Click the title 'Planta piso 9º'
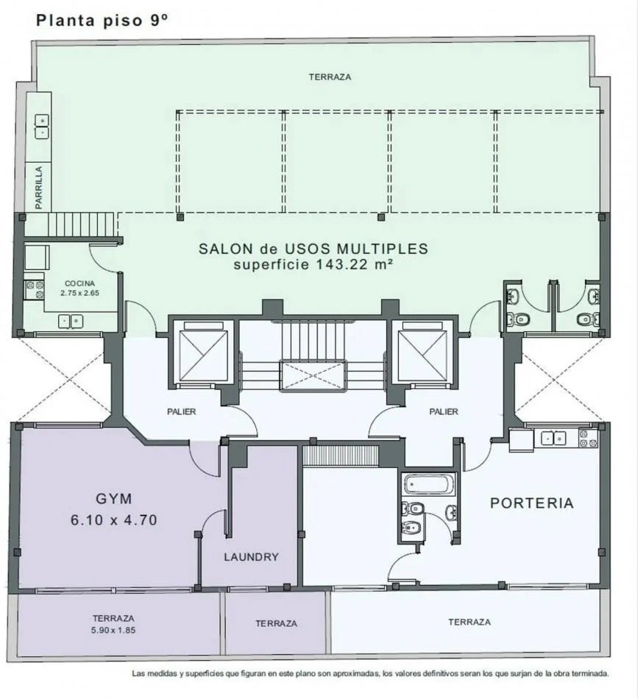(102, 20)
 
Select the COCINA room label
(80, 283)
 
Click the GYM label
(113, 497)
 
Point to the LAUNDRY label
(251, 557)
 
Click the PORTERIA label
(531, 503)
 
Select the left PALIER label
(180, 411)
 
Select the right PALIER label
(444, 411)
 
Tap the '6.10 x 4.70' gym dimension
(113, 520)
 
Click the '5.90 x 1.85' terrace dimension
(113, 631)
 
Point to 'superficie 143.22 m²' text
(312, 265)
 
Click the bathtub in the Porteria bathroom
(429, 485)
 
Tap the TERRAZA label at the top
(330, 77)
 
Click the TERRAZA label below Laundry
(276, 623)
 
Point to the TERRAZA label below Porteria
(469, 622)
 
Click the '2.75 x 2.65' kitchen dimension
(80, 293)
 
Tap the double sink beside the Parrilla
(42, 126)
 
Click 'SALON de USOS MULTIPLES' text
(313, 249)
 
